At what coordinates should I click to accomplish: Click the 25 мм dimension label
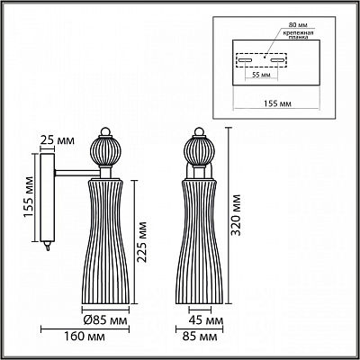pos(57,140)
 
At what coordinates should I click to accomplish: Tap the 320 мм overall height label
pos(237,215)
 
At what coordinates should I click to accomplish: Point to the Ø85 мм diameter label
pos(105,320)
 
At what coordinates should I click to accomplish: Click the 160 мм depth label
pos(85,337)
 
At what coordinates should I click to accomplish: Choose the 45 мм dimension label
pos(206,320)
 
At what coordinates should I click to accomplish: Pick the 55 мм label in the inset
pos(261,75)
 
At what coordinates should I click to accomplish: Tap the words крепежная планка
pos(297,35)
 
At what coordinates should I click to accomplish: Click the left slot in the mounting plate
pos(246,60)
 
